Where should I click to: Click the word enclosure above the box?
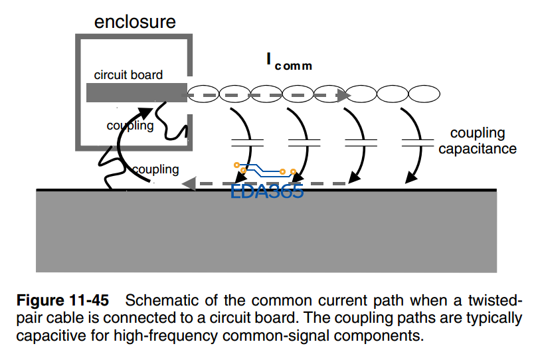(135, 21)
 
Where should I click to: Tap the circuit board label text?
(128, 75)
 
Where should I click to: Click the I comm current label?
(289, 61)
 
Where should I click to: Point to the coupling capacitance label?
(477, 141)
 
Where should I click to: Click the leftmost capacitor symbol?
(247, 142)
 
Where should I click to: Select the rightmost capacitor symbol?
(419, 142)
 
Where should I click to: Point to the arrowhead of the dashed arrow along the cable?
(344, 96)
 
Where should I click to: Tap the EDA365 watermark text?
(267, 192)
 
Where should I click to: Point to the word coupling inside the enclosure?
(130, 126)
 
